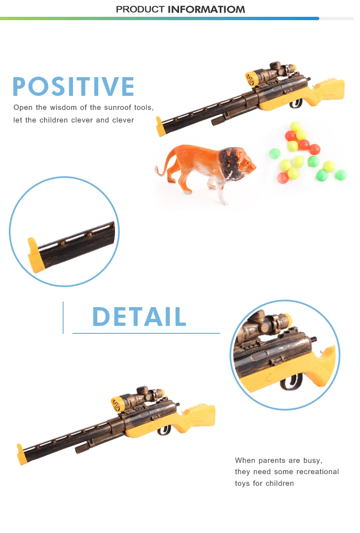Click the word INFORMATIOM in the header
point(206,9)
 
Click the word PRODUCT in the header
point(140,9)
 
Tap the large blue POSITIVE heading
point(73,87)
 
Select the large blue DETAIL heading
point(139,317)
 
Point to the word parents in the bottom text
point(272,461)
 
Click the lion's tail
point(161,166)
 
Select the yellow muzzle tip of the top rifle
point(161,127)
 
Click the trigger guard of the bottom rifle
point(163,429)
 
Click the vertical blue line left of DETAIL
point(63,317)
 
